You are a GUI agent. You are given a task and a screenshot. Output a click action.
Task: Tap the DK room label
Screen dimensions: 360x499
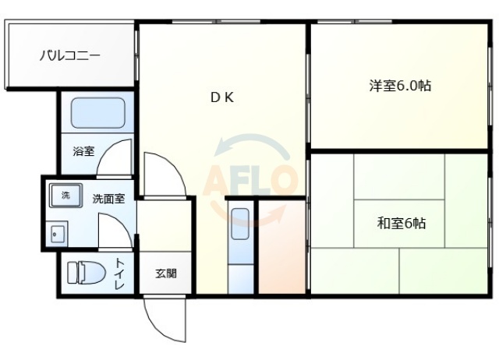[221, 97]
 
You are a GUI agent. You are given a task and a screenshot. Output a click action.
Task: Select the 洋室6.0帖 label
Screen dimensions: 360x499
[400, 86]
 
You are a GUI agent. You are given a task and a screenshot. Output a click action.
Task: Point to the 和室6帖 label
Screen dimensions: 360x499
[402, 224]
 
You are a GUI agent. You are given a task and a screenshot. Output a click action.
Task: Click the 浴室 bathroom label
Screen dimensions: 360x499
[83, 150]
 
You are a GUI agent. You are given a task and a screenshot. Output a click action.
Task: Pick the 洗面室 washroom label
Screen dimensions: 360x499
[108, 199]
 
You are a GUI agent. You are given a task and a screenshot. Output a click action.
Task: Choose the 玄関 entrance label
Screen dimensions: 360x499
[165, 274]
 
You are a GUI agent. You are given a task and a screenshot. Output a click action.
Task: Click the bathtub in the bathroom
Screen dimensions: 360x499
[98, 114]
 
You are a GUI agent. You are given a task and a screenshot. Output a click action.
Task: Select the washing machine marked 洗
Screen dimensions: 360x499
[65, 196]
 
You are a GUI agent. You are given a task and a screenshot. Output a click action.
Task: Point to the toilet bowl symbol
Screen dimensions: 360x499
[86, 273]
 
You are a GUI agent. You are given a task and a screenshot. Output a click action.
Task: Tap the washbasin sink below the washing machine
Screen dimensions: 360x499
[56, 232]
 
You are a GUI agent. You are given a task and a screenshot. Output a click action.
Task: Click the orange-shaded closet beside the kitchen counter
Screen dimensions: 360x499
[281, 249]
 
